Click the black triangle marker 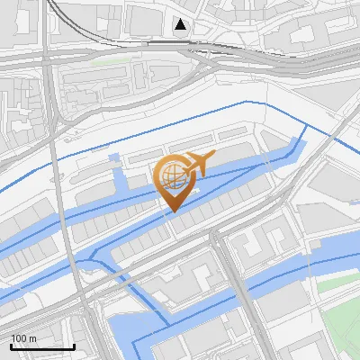[182, 24]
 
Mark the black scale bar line [42, 346]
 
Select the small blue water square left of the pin [114, 159]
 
